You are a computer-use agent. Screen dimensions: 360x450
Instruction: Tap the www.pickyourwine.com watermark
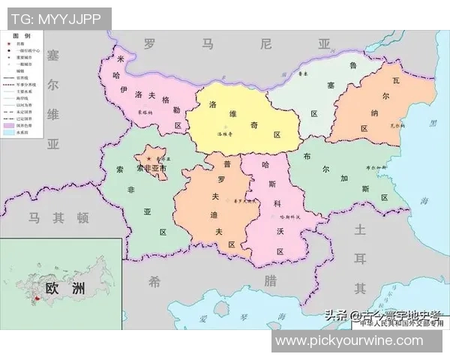point(359,340)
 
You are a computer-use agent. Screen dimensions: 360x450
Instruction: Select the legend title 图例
point(23,35)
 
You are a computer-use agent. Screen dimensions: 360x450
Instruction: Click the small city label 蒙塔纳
point(145,112)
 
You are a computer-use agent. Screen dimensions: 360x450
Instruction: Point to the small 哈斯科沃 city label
point(289,216)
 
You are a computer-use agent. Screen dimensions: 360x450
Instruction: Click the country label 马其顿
point(58,217)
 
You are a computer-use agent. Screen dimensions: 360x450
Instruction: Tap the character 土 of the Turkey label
point(360,229)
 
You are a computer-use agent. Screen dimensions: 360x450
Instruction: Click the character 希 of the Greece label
point(154,281)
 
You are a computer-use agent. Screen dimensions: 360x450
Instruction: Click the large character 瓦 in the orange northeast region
point(398,77)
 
